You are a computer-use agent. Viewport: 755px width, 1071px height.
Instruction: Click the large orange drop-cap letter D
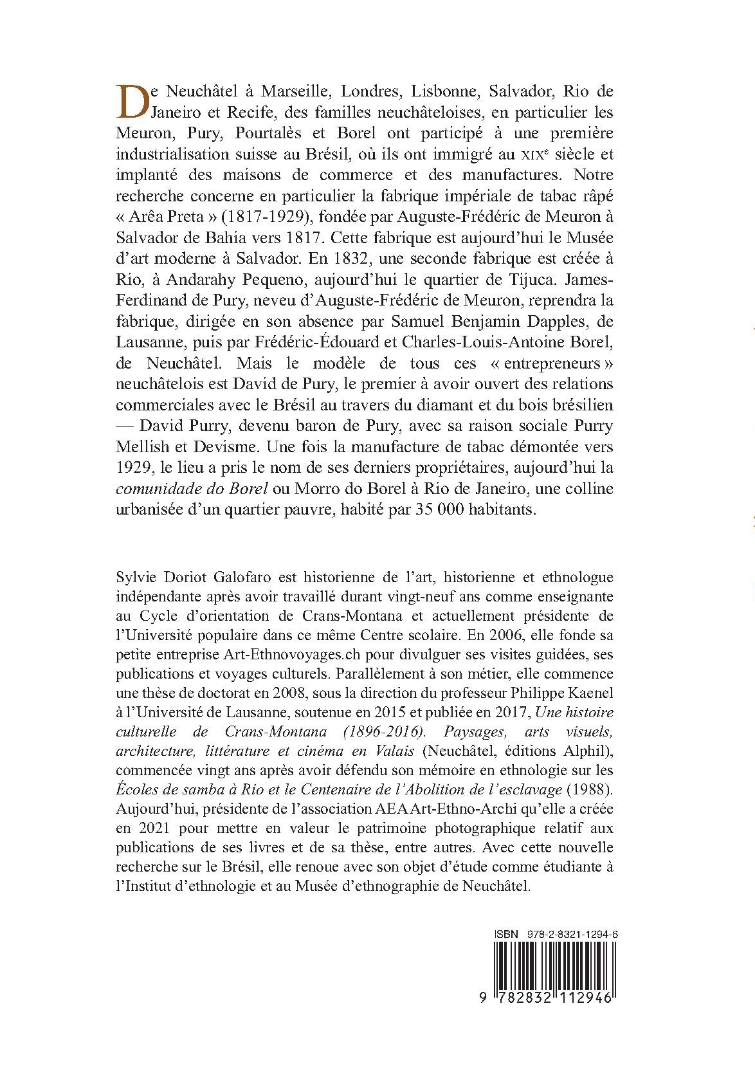(x=132, y=102)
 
